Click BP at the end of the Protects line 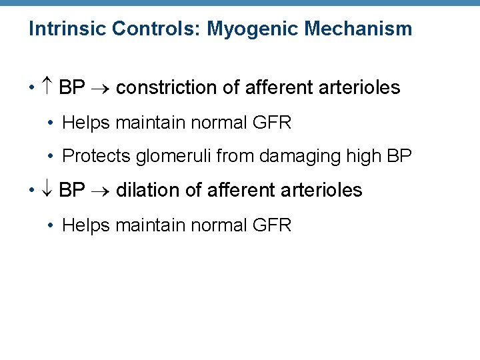pos(400,156)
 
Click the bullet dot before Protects pos(51,157)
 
